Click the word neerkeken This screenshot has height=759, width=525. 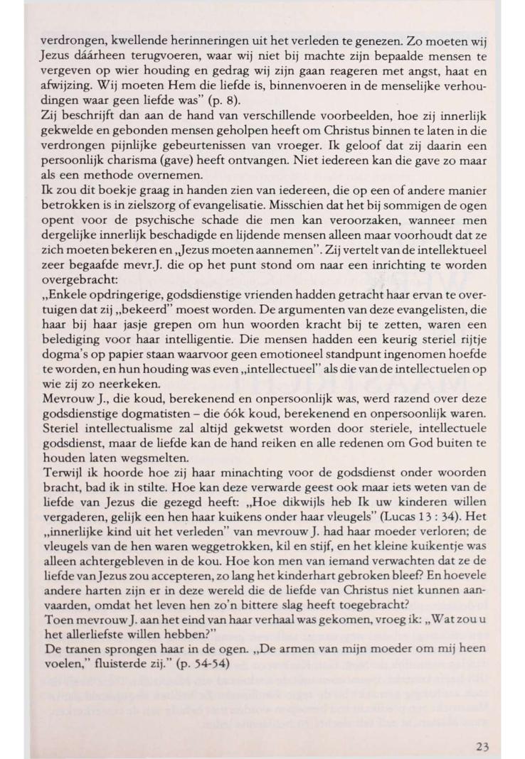tap(115, 401)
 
